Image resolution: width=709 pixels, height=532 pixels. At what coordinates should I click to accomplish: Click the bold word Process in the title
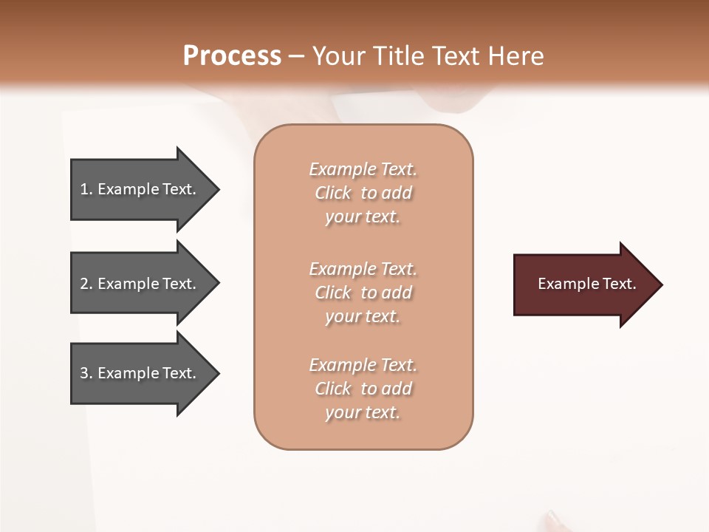[x=232, y=56]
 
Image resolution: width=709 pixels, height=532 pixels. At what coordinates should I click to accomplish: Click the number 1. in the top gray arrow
[x=86, y=190]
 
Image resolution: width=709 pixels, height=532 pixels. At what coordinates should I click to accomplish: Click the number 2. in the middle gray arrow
[x=86, y=284]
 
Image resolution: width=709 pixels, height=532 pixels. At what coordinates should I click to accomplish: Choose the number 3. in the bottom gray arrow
[x=86, y=373]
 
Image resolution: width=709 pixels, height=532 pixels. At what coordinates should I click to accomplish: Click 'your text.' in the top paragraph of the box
[x=363, y=217]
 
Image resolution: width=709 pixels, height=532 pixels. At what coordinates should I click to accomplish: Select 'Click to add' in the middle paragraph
[x=363, y=293]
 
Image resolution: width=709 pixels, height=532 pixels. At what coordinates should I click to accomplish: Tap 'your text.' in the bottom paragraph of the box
[x=363, y=413]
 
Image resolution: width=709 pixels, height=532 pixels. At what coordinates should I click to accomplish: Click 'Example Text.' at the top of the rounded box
[x=363, y=170]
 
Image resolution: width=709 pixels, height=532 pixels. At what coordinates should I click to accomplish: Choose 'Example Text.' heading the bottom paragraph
[x=363, y=365]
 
